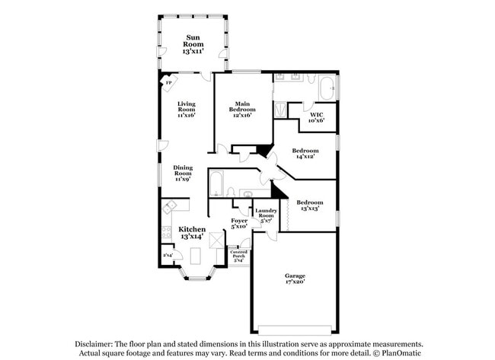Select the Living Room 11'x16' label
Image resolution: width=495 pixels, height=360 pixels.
pos(187,109)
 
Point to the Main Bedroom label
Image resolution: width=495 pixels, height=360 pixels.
pos(242,107)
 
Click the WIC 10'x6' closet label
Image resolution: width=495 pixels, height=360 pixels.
pos(317,116)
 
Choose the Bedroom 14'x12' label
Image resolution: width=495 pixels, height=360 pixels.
pos(305,154)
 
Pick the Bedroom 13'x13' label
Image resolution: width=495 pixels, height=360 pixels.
pos(309,205)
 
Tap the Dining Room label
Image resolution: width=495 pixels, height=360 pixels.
pos(183,173)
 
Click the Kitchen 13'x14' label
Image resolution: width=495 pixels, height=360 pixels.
pos(192,232)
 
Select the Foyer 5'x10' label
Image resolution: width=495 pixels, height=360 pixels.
pos(239,223)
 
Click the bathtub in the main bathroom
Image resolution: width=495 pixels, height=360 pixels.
pos(327,88)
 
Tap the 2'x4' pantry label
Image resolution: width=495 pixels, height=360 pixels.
pos(168,256)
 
